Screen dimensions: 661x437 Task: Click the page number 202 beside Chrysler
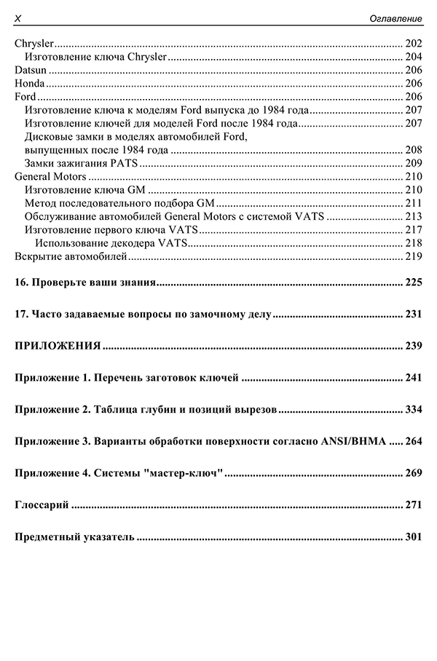pyautogui.click(x=413, y=43)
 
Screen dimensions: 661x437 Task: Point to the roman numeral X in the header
pyautogui.click(x=18, y=17)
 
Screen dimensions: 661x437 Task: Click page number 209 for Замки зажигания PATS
pyautogui.click(x=413, y=163)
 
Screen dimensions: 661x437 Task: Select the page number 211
pyautogui.click(x=413, y=203)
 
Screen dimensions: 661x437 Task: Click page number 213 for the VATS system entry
pyautogui.click(x=413, y=216)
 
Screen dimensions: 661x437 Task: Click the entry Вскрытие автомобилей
pyautogui.click(x=71, y=256)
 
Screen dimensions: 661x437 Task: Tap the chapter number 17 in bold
pyautogui.click(x=20, y=314)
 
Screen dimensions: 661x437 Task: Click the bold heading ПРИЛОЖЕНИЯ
pyautogui.click(x=58, y=346)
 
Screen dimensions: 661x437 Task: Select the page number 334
pyautogui.click(x=413, y=409)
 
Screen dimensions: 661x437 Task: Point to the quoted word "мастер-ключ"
pyautogui.click(x=184, y=473)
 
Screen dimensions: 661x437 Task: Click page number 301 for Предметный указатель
pyautogui.click(x=413, y=537)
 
